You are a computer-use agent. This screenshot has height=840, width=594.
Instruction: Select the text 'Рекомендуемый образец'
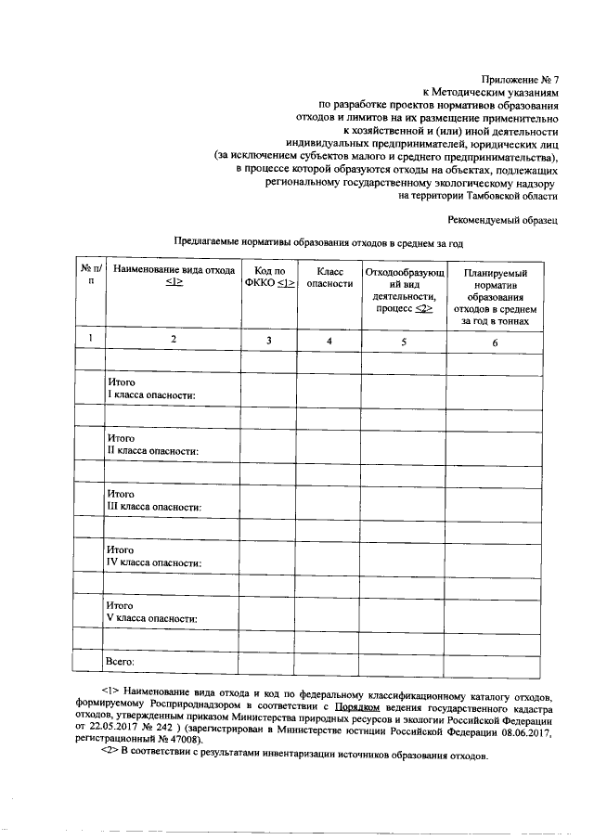502,220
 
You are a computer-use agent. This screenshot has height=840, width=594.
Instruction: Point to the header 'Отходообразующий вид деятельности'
405,291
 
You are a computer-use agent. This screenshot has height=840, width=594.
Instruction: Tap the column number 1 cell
90,341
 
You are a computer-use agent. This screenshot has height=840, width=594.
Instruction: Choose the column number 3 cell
268,342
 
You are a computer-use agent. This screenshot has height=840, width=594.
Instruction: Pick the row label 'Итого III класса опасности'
154,500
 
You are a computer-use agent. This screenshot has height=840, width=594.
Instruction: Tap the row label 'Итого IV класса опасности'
154,556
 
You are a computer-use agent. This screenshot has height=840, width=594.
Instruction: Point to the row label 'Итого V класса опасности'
153,612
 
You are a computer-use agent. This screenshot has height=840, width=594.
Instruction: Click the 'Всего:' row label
121,661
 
